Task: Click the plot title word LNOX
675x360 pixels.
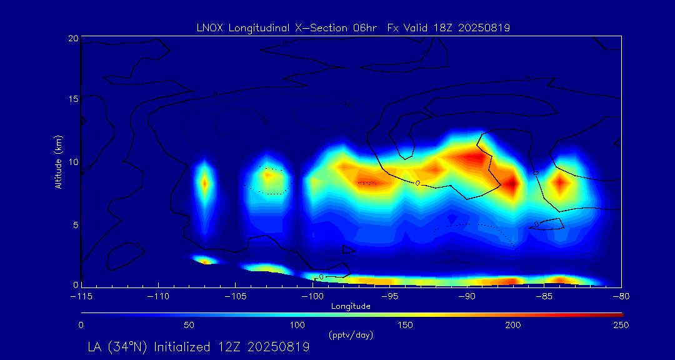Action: pyautogui.click(x=209, y=27)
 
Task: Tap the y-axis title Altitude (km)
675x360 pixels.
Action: pyautogui.click(x=59, y=162)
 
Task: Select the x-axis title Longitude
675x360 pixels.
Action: pyautogui.click(x=351, y=306)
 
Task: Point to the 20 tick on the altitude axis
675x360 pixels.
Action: pyautogui.click(x=73, y=38)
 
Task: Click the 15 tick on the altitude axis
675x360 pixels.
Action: pyautogui.click(x=73, y=99)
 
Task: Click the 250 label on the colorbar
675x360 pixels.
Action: pyautogui.click(x=621, y=325)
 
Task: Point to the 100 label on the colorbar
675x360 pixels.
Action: pyautogui.click(x=297, y=325)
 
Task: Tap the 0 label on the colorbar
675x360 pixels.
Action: pyautogui.click(x=81, y=325)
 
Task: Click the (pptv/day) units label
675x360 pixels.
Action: pyautogui.click(x=351, y=335)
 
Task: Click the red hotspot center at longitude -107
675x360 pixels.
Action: pyautogui.click(x=204, y=183)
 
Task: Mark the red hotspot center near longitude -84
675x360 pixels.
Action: pyautogui.click(x=560, y=183)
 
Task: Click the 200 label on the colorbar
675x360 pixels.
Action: pyautogui.click(x=513, y=325)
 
